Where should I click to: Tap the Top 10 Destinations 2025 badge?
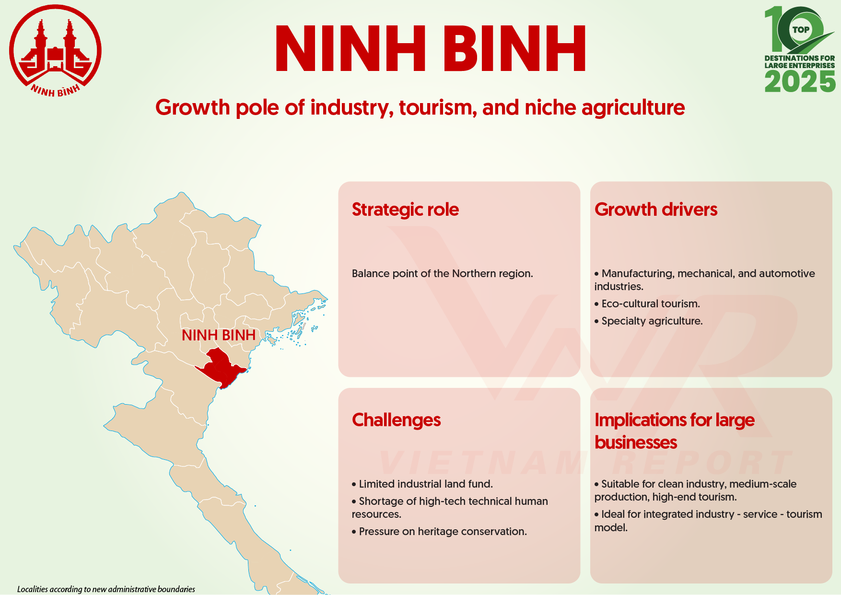800,49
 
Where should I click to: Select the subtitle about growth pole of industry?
420,107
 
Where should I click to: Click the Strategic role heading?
405,210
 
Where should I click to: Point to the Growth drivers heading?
656,210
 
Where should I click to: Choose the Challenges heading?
396,420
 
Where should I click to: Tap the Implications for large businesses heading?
675,431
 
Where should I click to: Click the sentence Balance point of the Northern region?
442,274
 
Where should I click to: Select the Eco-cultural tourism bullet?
647,304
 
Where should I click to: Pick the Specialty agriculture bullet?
649,321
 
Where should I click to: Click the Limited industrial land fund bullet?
422,484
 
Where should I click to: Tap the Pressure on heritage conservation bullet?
439,532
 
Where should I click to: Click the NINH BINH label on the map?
219,335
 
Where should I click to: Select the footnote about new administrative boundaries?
106,589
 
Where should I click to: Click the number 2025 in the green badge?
800,82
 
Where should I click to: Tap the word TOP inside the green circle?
801,30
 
